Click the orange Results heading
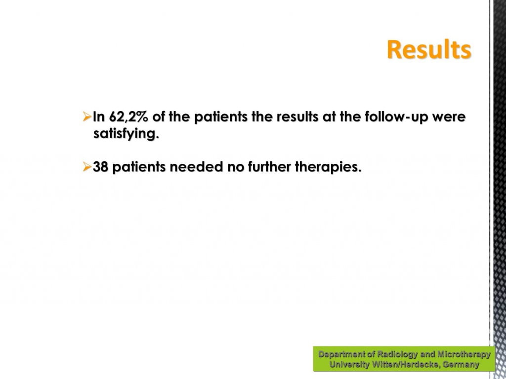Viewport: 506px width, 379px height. click(429, 50)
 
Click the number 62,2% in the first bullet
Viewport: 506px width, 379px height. click(128, 116)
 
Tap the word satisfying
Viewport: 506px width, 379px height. click(126, 134)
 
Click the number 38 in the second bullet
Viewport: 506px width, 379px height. click(100, 167)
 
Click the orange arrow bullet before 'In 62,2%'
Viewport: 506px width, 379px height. click(87, 116)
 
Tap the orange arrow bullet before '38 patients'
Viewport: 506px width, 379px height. click(87, 167)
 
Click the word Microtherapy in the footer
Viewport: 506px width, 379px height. click(464, 354)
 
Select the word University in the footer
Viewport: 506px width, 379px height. click(349, 365)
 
